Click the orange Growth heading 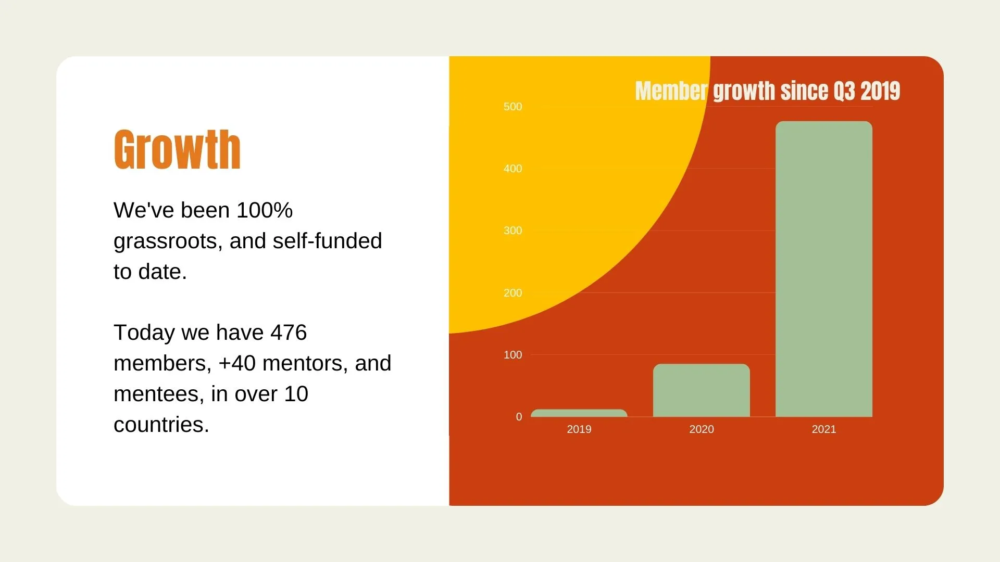pyautogui.click(x=177, y=150)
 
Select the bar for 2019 pyautogui.click(x=579, y=413)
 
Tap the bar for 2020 pyautogui.click(x=702, y=390)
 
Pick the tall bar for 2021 pyautogui.click(x=824, y=269)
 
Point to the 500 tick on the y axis pyautogui.click(x=512, y=107)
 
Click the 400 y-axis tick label pyautogui.click(x=512, y=169)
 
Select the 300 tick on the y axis pyautogui.click(x=512, y=231)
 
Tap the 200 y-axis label pyautogui.click(x=512, y=293)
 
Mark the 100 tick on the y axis pyautogui.click(x=512, y=355)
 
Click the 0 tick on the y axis pyautogui.click(x=519, y=417)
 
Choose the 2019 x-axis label pyautogui.click(x=579, y=429)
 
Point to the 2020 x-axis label pyautogui.click(x=702, y=429)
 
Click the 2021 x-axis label pyautogui.click(x=824, y=429)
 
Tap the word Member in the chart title pyautogui.click(x=671, y=91)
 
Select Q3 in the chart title pyautogui.click(x=844, y=91)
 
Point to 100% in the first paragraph pyautogui.click(x=265, y=210)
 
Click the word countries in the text pyautogui.click(x=161, y=425)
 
